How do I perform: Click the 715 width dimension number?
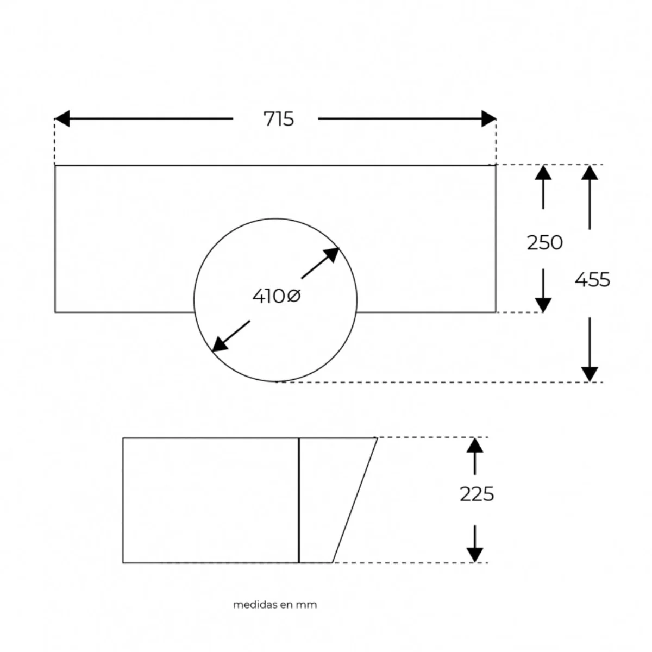tap(279, 119)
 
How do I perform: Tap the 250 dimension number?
tap(544, 242)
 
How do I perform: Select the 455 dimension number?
tap(592, 279)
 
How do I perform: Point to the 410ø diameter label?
tap(277, 297)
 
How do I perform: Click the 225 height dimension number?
tap(477, 494)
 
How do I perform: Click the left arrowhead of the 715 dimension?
tap(62, 118)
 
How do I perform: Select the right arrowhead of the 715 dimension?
tap(488, 118)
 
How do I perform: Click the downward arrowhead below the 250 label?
tap(543, 305)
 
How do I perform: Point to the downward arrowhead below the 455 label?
tap(590, 374)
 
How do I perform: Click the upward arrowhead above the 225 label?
tap(475, 446)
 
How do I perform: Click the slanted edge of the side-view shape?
tap(355, 500)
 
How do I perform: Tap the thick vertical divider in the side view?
tap(299, 500)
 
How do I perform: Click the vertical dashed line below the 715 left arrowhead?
tap(54, 142)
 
